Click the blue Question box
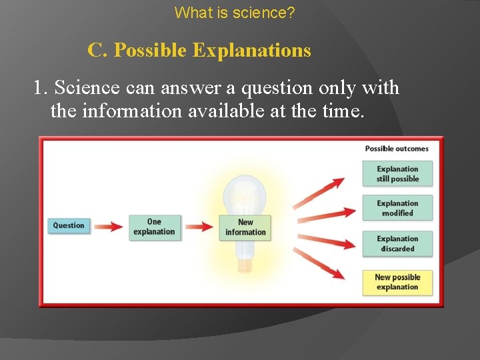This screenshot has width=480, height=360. (x=69, y=225)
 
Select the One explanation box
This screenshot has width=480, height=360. (x=154, y=227)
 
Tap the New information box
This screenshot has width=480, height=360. (x=245, y=227)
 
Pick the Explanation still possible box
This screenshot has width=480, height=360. (x=397, y=174)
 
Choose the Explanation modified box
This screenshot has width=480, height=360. (x=397, y=208)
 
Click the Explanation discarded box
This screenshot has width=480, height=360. (x=397, y=243)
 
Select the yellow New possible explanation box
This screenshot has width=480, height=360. (x=397, y=282)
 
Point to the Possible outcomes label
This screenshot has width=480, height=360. (x=397, y=148)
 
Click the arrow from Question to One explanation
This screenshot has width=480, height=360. (x=108, y=227)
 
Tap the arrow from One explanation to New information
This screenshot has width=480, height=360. (x=199, y=227)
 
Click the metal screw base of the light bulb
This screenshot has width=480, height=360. (x=245, y=265)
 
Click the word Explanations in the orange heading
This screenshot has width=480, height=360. (x=251, y=50)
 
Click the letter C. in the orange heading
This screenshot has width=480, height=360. (x=97, y=50)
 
